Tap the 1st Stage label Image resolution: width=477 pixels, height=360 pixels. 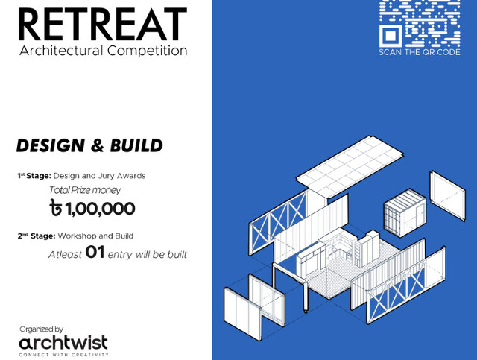pyautogui.click(x=34, y=176)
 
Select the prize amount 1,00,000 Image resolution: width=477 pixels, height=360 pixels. pyautogui.click(x=99, y=209)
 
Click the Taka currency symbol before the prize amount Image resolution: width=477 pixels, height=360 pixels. pyautogui.click(x=54, y=209)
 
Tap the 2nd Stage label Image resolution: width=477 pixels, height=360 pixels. pyautogui.click(x=34, y=236)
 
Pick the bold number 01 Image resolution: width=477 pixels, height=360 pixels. pyautogui.click(x=95, y=253)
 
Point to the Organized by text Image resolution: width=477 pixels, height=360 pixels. pyautogui.click(x=41, y=329)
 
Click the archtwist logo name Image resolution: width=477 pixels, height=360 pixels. pyautogui.click(x=63, y=342)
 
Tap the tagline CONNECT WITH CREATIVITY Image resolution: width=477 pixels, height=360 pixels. pyautogui.click(x=63, y=354)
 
